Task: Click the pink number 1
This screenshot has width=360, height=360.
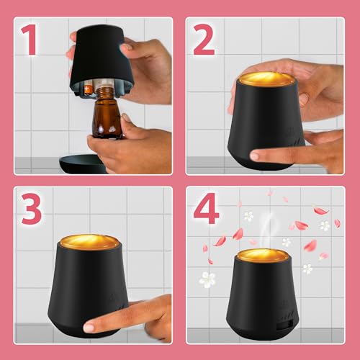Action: [28, 42]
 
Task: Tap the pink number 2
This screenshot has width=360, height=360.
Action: [204, 41]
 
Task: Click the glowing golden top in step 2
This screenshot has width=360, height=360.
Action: [266, 77]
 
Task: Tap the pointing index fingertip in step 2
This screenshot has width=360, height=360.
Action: [253, 155]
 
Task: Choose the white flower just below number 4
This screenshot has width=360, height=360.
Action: [248, 215]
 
